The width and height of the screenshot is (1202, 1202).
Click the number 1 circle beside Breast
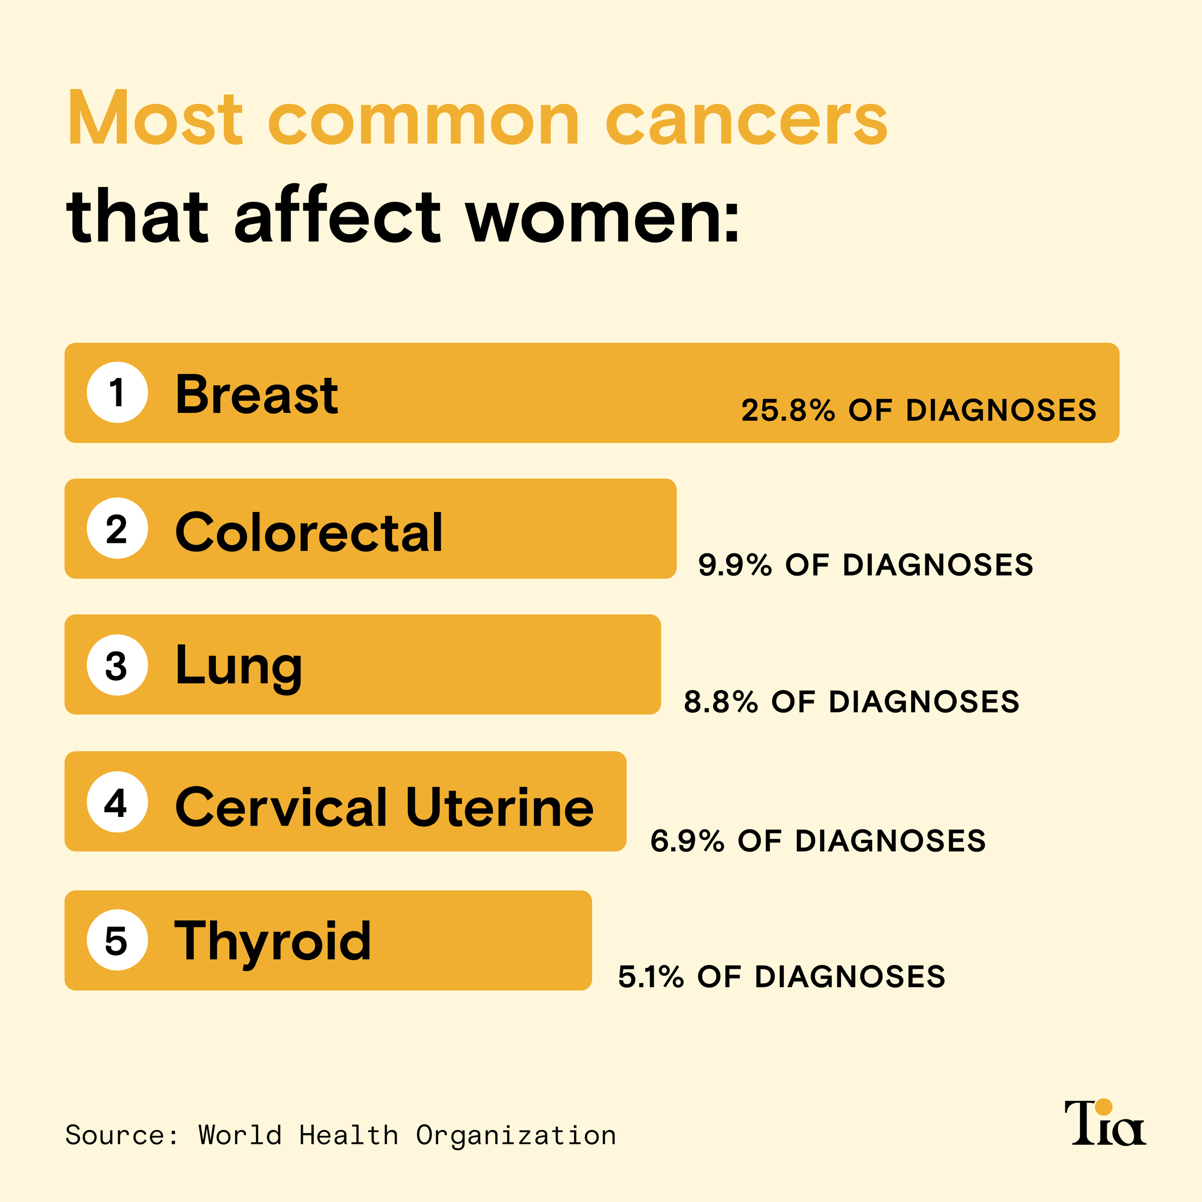[x=117, y=393]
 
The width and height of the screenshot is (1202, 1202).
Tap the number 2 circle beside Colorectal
[x=117, y=529]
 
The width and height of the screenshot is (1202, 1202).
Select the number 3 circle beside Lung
[x=117, y=665]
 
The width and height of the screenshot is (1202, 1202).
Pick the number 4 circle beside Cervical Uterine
[x=117, y=802]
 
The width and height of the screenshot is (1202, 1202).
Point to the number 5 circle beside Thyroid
[x=117, y=940]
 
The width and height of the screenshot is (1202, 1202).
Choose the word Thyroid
[x=273, y=941]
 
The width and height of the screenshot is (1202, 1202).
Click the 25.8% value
[x=788, y=411]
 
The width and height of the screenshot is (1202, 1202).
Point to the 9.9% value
[x=735, y=565]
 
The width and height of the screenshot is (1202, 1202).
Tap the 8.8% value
[x=720, y=702]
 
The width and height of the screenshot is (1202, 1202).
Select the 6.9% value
[x=687, y=841]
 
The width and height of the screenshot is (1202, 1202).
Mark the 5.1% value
[x=651, y=977]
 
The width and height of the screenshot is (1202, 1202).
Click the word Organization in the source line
[x=516, y=1136]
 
